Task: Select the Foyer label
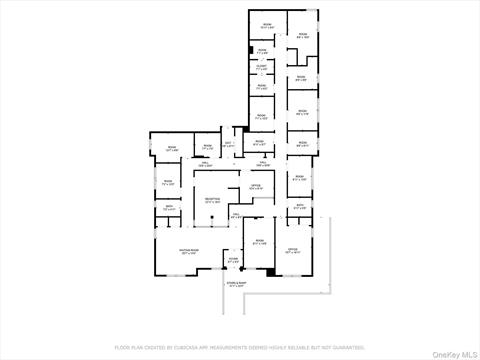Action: point(233,259)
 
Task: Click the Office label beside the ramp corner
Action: point(293,250)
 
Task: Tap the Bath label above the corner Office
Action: point(300,207)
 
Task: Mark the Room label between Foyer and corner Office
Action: point(258,241)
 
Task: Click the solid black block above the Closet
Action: point(249,50)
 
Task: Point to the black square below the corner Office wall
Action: point(269,273)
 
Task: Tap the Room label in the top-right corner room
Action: point(302,35)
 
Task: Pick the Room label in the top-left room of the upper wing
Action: point(267,24)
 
